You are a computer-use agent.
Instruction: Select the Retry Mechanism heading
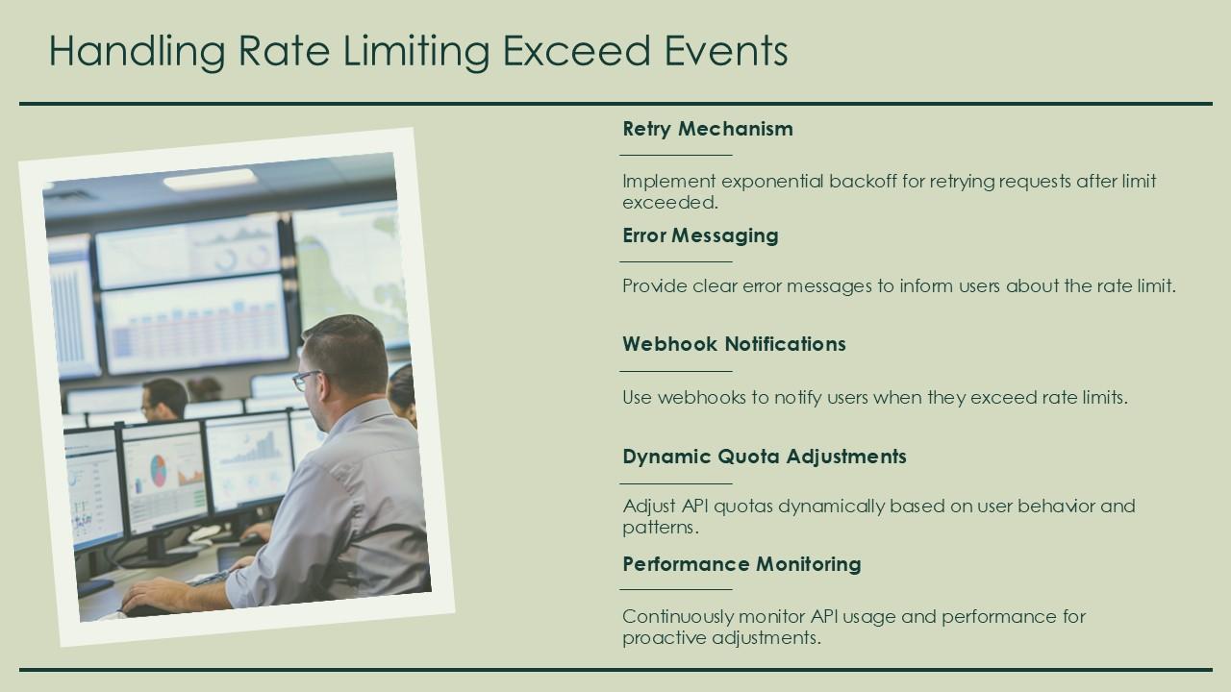pyautogui.click(x=708, y=129)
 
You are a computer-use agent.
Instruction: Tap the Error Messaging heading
pyautogui.click(x=700, y=235)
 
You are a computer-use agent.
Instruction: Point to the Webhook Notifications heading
pyautogui.click(x=734, y=344)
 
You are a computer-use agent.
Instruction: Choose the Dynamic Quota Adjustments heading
pyautogui.click(x=765, y=457)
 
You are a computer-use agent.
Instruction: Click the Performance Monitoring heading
pyautogui.click(x=741, y=564)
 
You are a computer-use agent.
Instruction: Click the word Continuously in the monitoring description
pyautogui.click(x=676, y=616)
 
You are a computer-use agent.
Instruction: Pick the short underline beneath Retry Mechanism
pyautogui.click(x=676, y=155)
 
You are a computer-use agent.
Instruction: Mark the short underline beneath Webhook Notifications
pyautogui.click(x=676, y=371)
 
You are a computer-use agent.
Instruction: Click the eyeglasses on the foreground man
pyautogui.click(x=307, y=380)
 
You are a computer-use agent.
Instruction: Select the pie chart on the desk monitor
pyautogui.click(x=159, y=470)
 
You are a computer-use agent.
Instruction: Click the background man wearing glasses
pyautogui.click(x=163, y=398)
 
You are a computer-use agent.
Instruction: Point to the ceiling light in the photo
pyautogui.click(x=210, y=180)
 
